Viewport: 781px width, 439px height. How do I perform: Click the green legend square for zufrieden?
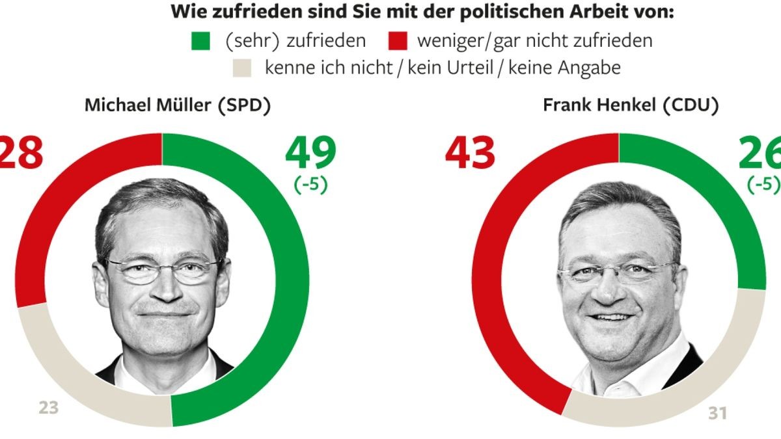point(201,41)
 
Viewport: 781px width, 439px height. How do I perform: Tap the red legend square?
point(399,41)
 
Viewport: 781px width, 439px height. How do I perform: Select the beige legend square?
point(241,68)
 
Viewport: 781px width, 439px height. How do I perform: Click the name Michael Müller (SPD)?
point(177,106)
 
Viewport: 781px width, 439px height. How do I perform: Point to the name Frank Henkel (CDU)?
point(631,106)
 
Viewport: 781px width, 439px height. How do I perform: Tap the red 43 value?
point(470,153)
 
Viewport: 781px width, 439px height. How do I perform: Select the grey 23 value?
point(48,408)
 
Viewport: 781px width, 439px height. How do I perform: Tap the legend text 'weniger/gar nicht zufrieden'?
point(534,41)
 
